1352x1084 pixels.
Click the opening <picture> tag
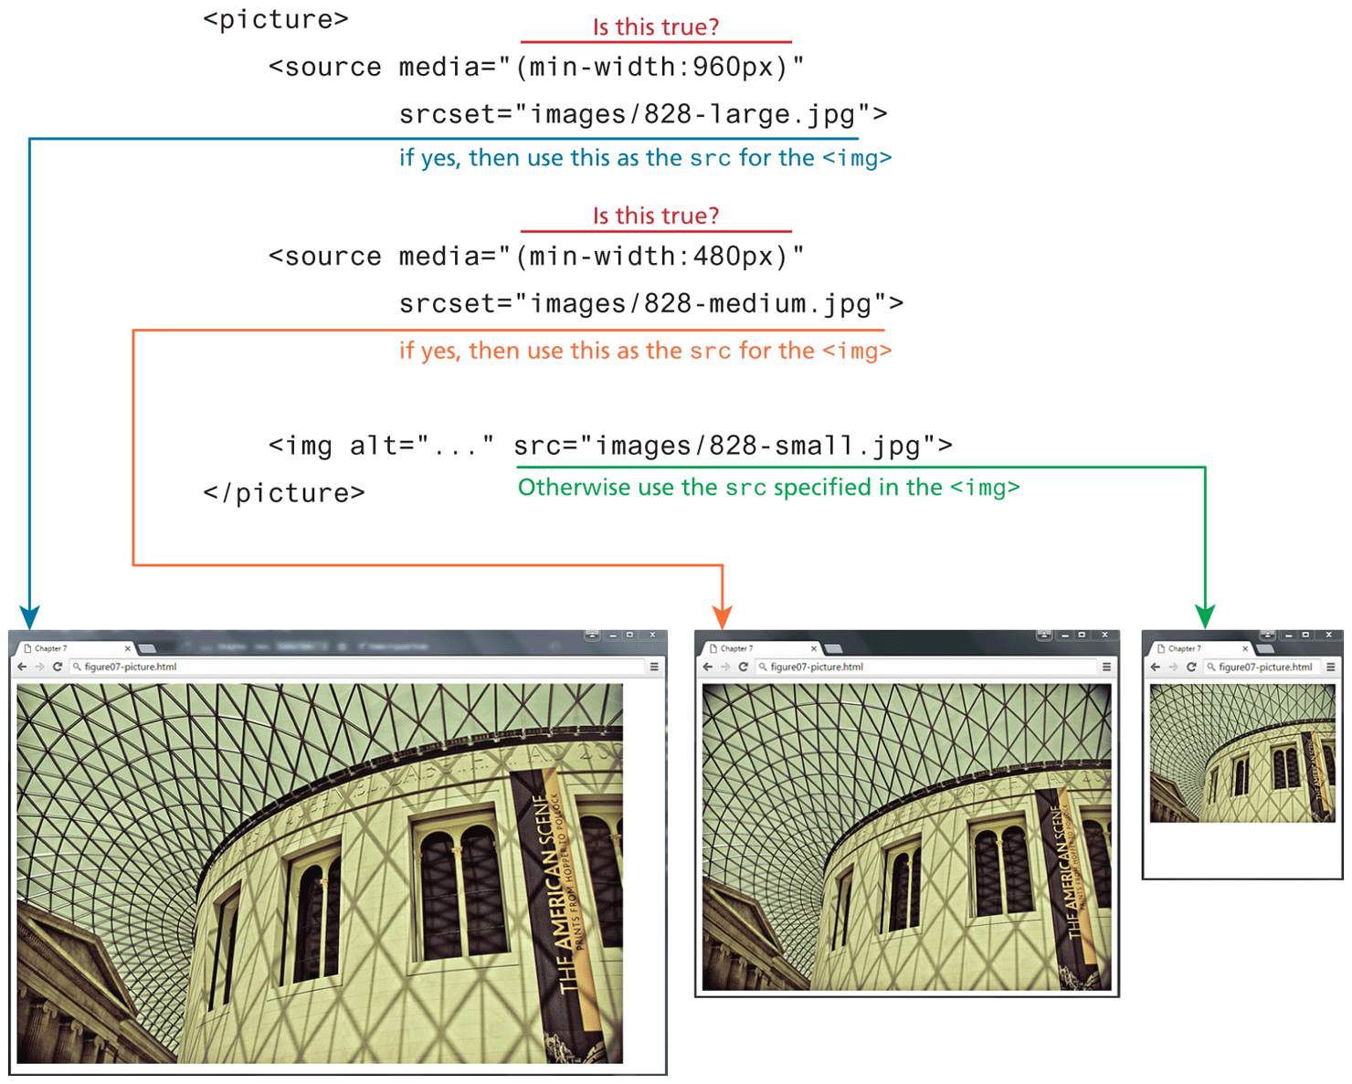click(x=276, y=19)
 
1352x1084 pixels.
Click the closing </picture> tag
click(x=284, y=493)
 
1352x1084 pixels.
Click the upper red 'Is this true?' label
click(x=656, y=27)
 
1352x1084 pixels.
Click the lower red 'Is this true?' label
click(x=656, y=216)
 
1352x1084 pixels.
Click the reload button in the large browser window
click(x=58, y=667)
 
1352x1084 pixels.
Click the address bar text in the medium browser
click(x=817, y=667)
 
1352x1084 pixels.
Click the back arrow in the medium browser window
click(x=707, y=667)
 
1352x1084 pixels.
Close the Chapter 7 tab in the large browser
click(x=127, y=648)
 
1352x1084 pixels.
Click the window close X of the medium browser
click(x=1104, y=635)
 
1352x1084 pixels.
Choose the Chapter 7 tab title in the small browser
click(x=1185, y=648)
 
